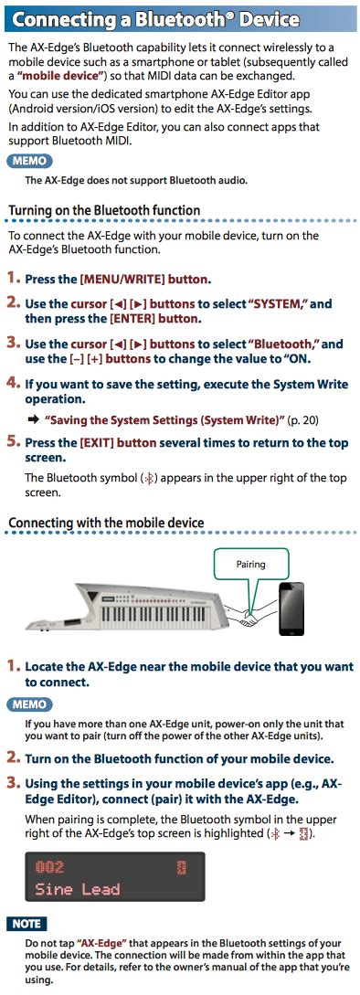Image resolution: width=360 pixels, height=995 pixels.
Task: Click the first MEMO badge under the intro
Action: tap(30, 161)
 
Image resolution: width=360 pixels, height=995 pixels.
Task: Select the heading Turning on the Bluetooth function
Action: tap(104, 210)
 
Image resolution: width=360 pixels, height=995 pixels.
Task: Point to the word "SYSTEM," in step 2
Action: tap(281, 303)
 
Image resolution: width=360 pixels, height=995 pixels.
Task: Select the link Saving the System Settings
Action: tap(164, 419)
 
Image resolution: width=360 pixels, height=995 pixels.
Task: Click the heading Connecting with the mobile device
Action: tap(106, 523)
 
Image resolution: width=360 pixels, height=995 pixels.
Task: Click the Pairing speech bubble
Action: tap(250, 565)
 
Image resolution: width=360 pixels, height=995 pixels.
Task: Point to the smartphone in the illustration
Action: tap(293, 609)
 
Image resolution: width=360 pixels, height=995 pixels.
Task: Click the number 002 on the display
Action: tap(49, 866)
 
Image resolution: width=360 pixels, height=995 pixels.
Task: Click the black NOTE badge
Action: tap(28, 924)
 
